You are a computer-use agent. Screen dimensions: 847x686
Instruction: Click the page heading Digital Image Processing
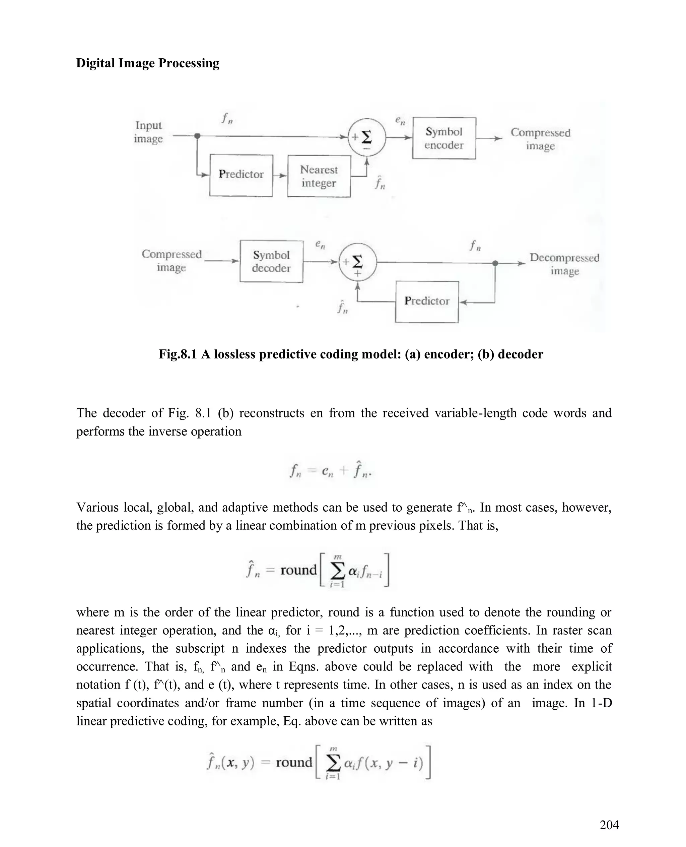tap(147, 63)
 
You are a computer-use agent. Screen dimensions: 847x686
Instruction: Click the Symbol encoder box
tap(444, 138)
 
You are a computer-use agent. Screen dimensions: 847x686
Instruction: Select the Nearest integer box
tap(319, 176)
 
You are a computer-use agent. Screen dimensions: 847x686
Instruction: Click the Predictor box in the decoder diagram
tap(427, 302)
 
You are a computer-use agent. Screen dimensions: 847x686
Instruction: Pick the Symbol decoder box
tap(271, 261)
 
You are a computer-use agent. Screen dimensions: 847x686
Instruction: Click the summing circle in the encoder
tap(366, 137)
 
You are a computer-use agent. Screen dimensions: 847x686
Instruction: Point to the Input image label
tap(148, 132)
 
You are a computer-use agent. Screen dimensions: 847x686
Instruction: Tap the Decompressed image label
tap(564, 264)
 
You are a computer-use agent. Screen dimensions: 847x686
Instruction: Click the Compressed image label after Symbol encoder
tap(540, 139)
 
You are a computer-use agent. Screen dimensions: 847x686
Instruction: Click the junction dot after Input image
tap(198, 136)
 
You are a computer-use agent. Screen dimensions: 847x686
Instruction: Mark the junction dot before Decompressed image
tap(495, 263)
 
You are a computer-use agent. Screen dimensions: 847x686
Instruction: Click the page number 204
tap(609, 825)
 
